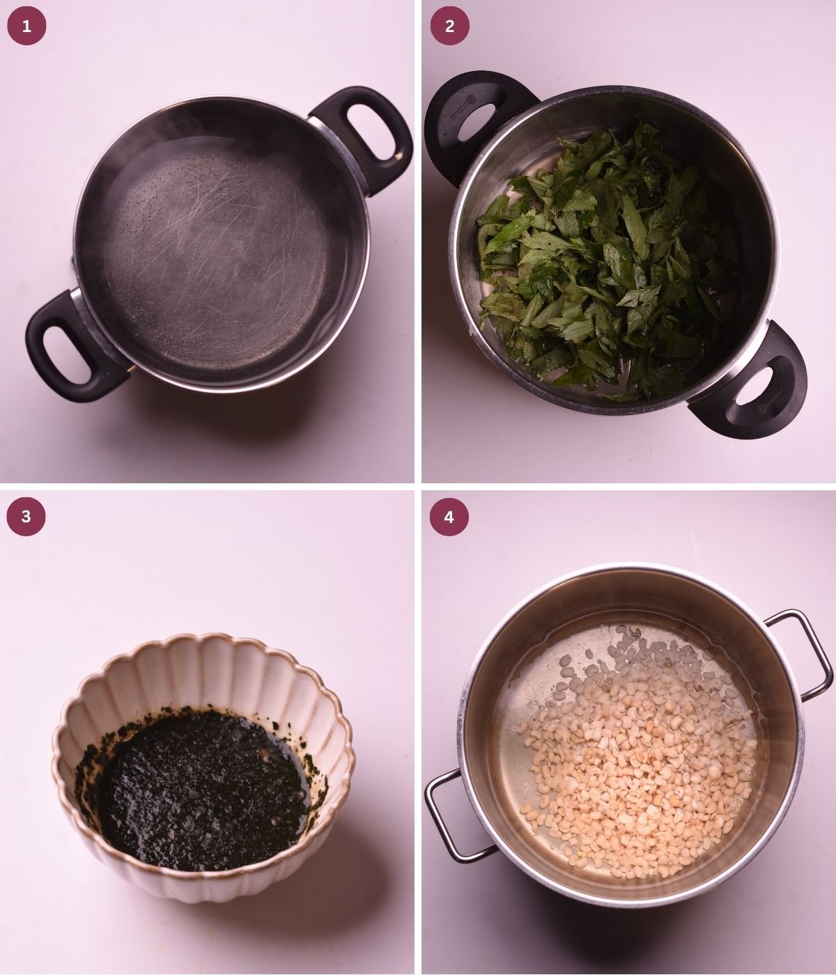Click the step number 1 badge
click(x=26, y=26)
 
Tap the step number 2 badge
click(x=449, y=26)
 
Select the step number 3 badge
click(x=26, y=516)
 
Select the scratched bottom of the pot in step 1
click(x=223, y=244)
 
